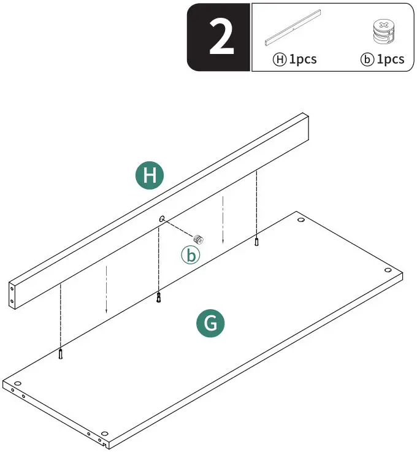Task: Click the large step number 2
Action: tap(221, 37)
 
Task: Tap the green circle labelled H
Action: tap(150, 176)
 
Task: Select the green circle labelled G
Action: tap(210, 323)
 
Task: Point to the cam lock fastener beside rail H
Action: tap(198, 239)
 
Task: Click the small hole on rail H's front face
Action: tap(162, 218)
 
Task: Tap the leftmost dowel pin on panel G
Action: tap(61, 354)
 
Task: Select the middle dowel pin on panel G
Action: tap(158, 298)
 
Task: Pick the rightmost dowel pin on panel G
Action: tap(257, 242)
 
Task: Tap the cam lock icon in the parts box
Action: tap(382, 32)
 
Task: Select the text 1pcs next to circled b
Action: tap(390, 59)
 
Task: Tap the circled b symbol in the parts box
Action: tap(367, 59)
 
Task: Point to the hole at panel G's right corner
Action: tap(388, 270)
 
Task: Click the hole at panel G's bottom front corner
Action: tap(104, 433)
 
